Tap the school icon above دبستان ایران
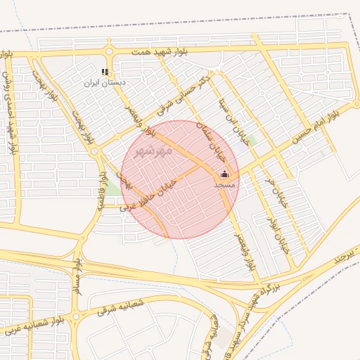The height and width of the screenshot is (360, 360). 105,72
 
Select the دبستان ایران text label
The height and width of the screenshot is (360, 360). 105,83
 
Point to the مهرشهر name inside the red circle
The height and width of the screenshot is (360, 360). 153,150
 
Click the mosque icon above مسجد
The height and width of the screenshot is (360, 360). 225,174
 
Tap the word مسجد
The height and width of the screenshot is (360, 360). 224,184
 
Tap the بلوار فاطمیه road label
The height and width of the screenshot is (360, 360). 101,191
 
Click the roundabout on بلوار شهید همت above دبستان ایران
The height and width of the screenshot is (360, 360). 109,51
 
